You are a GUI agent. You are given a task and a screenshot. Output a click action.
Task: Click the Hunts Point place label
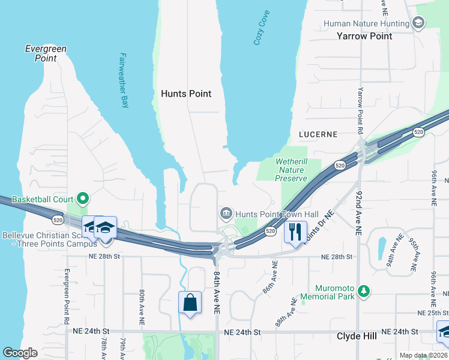[186, 94]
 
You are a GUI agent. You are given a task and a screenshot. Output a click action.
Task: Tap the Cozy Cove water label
[261, 29]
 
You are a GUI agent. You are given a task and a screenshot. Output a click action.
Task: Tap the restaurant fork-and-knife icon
[295, 232]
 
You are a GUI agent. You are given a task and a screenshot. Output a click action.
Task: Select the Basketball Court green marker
[83, 199]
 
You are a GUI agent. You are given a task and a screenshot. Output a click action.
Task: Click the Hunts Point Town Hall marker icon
[226, 213]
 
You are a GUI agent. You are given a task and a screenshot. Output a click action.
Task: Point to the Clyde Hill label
[357, 336]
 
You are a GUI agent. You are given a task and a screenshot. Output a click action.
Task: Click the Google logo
[20, 353]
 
